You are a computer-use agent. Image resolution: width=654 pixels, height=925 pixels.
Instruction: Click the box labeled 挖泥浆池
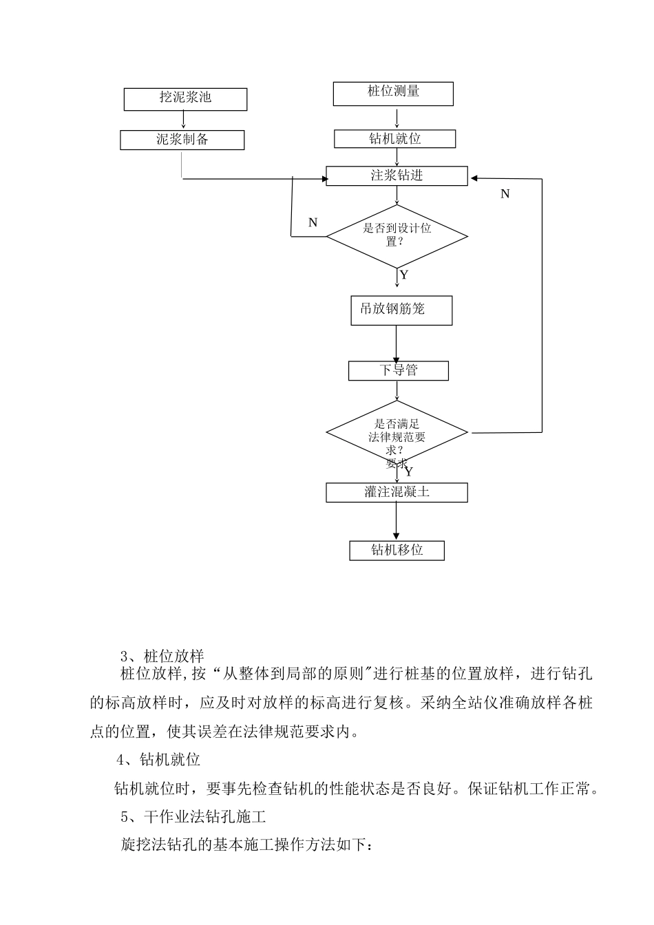click(x=185, y=99)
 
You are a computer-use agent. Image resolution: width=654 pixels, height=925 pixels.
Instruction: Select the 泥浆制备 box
click(x=182, y=140)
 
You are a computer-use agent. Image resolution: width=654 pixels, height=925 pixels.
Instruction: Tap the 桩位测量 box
click(x=393, y=94)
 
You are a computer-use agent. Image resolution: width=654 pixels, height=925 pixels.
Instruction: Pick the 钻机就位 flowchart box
click(x=395, y=139)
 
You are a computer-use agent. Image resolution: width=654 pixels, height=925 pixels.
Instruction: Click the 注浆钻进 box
click(x=397, y=176)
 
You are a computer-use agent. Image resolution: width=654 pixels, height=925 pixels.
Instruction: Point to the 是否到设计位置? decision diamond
click(x=397, y=237)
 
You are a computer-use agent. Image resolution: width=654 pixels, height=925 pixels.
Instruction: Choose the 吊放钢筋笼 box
click(x=401, y=310)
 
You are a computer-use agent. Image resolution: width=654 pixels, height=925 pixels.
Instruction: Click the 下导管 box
click(x=399, y=371)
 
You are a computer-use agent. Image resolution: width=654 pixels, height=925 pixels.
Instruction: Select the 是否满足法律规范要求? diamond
click(x=397, y=432)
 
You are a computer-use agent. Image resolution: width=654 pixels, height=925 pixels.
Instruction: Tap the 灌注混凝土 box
click(x=397, y=493)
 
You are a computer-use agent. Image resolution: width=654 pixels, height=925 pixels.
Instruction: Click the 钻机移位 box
click(x=397, y=551)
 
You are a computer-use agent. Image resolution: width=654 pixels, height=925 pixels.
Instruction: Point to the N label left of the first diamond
click(x=313, y=222)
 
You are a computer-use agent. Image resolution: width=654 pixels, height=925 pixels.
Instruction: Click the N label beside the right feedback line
click(x=505, y=193)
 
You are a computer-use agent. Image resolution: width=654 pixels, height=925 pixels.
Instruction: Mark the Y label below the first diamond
click(x=404, y=275)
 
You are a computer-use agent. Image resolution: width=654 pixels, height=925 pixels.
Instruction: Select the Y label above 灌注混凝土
click(x=409, y=471)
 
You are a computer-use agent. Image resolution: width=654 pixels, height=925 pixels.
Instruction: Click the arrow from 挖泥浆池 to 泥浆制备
click(x=183, y=120)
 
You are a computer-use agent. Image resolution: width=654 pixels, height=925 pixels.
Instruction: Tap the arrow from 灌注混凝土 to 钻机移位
click(x=397, y=521)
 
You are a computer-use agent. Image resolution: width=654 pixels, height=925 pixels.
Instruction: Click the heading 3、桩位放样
click(x=162, y=656)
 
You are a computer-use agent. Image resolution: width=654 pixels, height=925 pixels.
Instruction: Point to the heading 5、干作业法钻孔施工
click(x=193, y=816)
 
